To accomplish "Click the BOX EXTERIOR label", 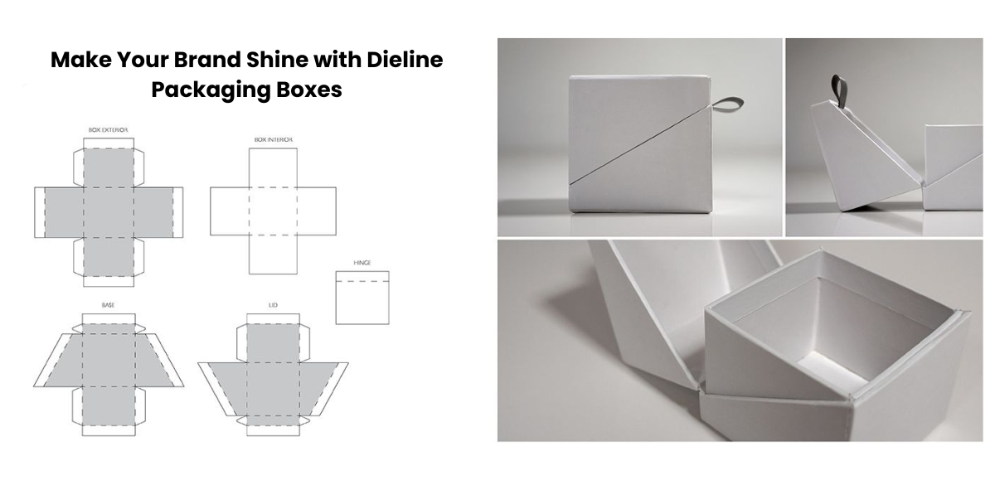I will [108, 130].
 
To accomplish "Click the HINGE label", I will [362, 263].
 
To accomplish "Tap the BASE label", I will [108, 305].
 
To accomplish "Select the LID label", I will [273, 305].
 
